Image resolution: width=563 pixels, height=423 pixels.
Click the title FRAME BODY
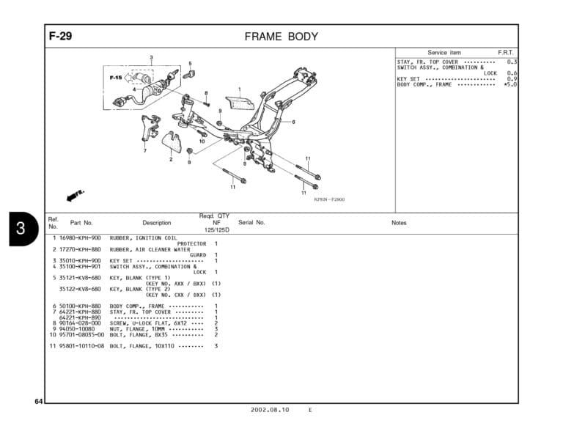[281, 37]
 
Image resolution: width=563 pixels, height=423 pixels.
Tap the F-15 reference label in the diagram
[116, 76]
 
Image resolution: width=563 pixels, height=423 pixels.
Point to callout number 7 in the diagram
[144, 150]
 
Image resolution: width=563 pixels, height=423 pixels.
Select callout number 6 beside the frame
[293, 122]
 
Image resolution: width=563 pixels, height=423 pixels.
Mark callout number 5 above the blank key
[190, 63]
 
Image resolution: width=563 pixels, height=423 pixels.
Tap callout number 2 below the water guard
[171, 159]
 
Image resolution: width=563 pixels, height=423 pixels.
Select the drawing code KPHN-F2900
[329, 199]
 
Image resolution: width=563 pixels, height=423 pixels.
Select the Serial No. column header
[251, 222]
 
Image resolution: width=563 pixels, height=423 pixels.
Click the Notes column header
[399, 222]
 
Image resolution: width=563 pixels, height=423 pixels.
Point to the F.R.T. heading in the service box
[506, 53]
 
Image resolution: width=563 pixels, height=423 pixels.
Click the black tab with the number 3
[21, 228]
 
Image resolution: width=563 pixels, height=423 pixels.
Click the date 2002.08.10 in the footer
[269, 410]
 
